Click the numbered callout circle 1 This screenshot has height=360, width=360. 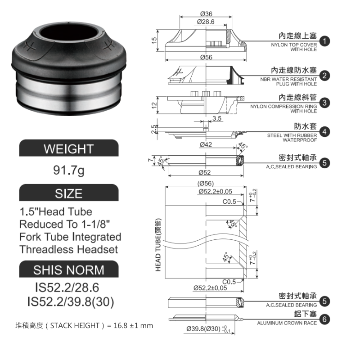(x=327, y=42)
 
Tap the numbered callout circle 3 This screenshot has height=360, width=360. (x=327, y=103)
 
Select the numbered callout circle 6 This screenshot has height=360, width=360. (x=327, y=319)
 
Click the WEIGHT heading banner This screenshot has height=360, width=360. (x=68, y=149)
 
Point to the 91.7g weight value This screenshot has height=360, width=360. (x=68, y=171)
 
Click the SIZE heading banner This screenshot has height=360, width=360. (x=68, y=193)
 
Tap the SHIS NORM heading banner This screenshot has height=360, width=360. (x=68, y=270)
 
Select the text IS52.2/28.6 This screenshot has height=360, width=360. (x=67, y=287)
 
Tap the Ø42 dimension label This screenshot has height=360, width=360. (x=205, y=144)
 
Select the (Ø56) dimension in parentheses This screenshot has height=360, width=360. (x=205, y=183)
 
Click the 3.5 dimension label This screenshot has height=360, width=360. (x=217, y=119)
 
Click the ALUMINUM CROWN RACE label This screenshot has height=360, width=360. (x=287, y=323)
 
